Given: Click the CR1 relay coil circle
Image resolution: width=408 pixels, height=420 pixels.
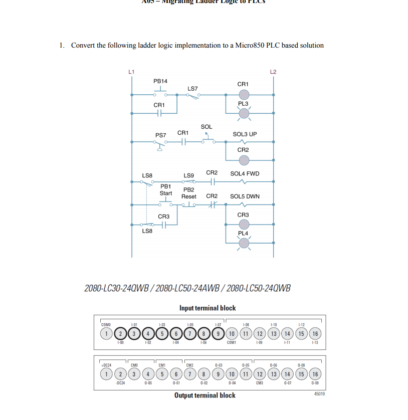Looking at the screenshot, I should click(x=243, y=94).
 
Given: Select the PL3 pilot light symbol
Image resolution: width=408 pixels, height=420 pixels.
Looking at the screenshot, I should click(x=243, y=113).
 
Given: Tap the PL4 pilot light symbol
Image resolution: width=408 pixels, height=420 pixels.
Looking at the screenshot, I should click(x=243, y=243).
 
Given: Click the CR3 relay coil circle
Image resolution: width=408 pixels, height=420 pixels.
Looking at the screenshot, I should click(x=243, y=225).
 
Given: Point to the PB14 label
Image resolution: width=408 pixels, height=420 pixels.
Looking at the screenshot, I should click(x=160, y=81).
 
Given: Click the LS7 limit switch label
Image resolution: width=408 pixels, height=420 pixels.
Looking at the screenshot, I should click(x=192, y=88).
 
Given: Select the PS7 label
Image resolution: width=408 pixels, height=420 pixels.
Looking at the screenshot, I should click(x=160, y=135).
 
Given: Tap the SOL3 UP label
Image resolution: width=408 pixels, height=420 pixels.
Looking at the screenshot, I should click(x=245, y=134).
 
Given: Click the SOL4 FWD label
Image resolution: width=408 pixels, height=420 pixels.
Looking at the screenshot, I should click(x=245, y=173).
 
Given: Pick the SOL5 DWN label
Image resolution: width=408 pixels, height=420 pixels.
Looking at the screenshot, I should click(x=245, y=196).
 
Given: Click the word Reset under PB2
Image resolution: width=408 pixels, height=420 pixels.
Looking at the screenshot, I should click(x=189, y=196).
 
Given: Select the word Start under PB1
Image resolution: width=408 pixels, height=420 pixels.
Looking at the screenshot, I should click(x=166, y=193).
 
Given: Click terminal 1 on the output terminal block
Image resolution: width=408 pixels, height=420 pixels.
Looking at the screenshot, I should click(x=106, y=374).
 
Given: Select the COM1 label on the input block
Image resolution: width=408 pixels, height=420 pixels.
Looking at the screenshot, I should click(x=231, y=343).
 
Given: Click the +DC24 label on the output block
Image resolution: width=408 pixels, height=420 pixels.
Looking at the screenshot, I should click(x=106, y=365).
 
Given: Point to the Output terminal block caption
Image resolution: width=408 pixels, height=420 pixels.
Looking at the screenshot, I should click(x=205, y=395).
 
